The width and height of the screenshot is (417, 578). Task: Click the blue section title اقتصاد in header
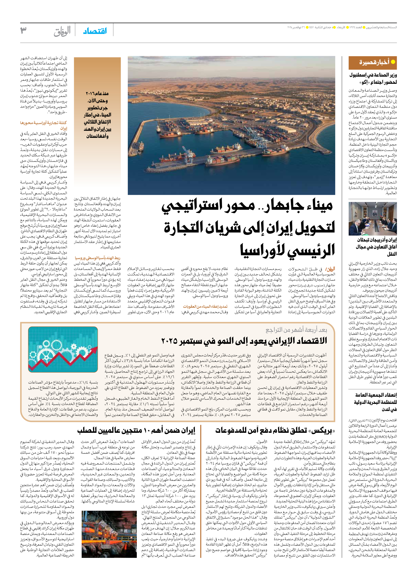(x=95, y=31)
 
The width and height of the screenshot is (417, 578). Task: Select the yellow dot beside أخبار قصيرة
(x=393, y=62)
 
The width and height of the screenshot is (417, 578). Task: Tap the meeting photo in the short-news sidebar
(x=373, y=219)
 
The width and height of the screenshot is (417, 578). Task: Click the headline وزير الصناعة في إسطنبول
(x=373, y=78)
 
